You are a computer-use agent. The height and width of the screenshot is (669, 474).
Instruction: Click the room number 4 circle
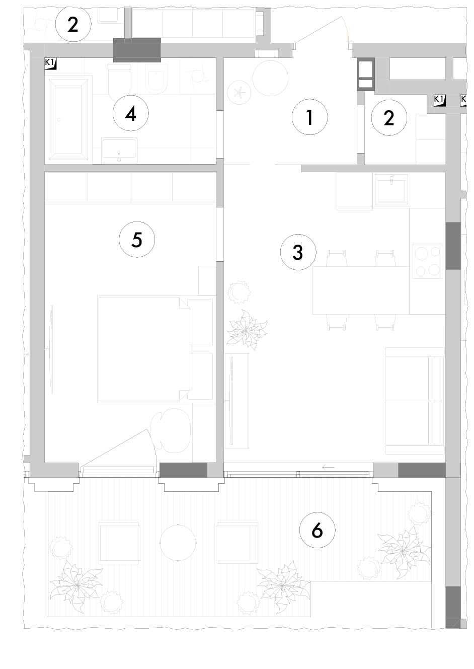pos(130,113)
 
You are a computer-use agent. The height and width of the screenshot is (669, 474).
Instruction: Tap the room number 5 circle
pos(137,239)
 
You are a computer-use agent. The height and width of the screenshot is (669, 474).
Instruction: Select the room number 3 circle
pos(298,252)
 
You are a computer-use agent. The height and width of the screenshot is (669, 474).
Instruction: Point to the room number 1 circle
pos(309,117)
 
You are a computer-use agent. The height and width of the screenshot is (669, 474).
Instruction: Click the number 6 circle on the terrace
pos(317,530)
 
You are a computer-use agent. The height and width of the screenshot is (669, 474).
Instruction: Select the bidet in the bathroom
pos(156,78)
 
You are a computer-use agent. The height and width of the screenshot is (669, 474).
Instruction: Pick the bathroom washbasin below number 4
pos(119,151)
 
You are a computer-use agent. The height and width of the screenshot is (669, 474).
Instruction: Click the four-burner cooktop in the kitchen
pos(427,261)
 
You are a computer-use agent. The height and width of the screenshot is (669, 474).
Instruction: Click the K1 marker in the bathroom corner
pos(50,64)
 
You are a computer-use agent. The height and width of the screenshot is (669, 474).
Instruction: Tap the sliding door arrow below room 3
pos(329,468)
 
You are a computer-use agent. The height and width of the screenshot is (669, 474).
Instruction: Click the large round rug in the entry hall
pos(270,78)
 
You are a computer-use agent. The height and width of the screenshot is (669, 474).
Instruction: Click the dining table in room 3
pos(361,290)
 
